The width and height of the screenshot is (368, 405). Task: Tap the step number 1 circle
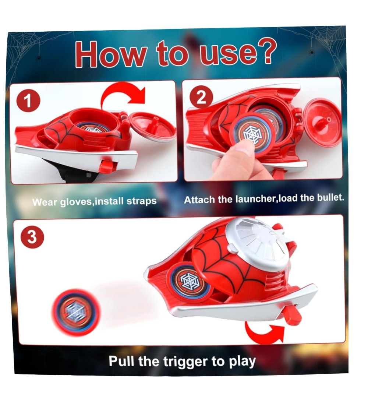pos(28,101)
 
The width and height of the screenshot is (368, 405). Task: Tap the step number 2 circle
pos(201,98)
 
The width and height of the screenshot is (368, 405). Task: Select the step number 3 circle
pos(32,237)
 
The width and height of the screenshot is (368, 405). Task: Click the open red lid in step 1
pos(153,126)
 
